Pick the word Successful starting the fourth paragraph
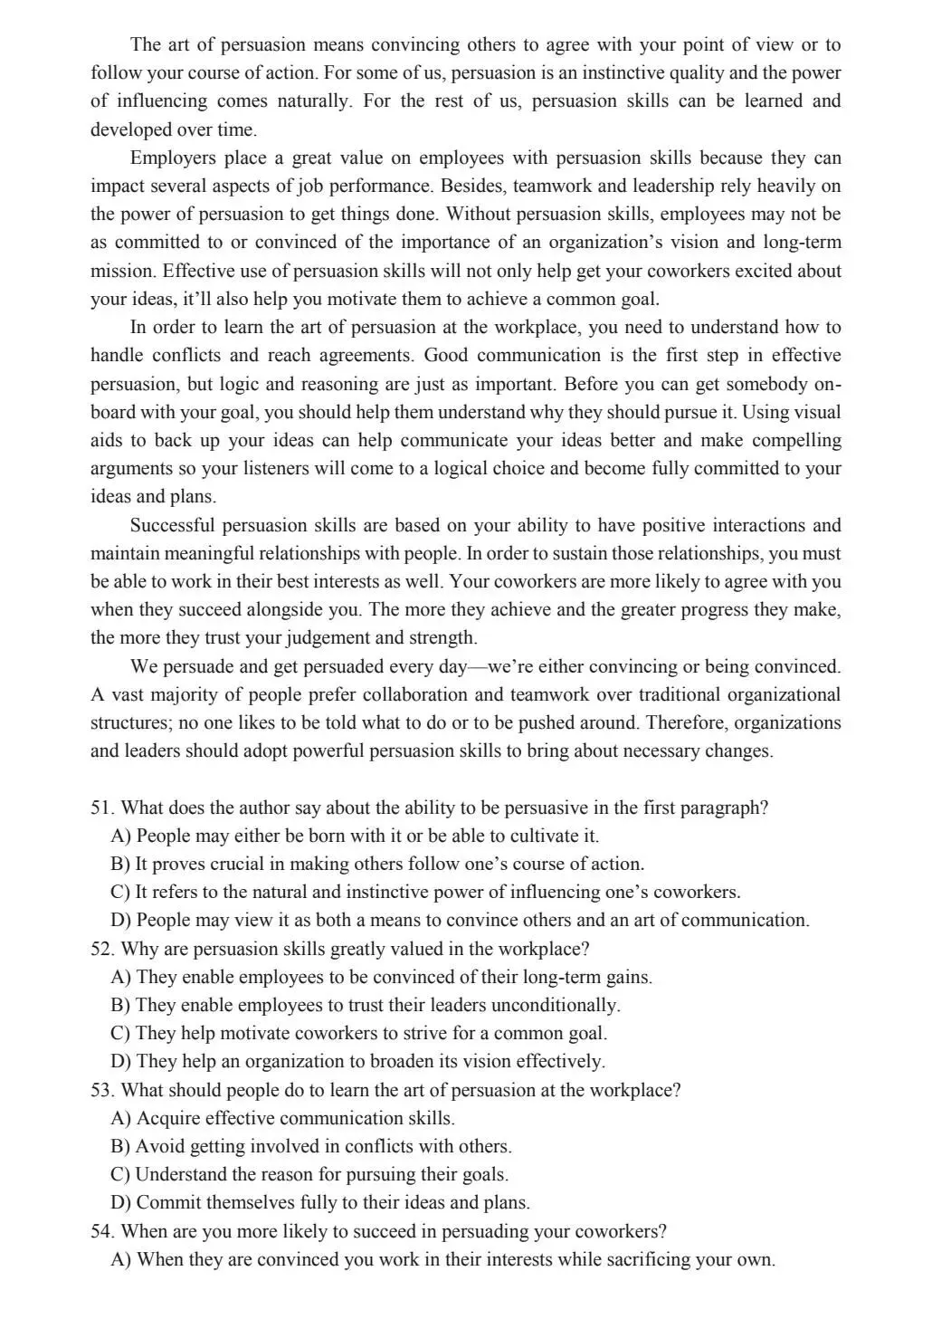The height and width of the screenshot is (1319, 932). point(172,525)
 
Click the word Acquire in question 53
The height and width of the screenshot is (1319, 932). point(168,1118)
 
